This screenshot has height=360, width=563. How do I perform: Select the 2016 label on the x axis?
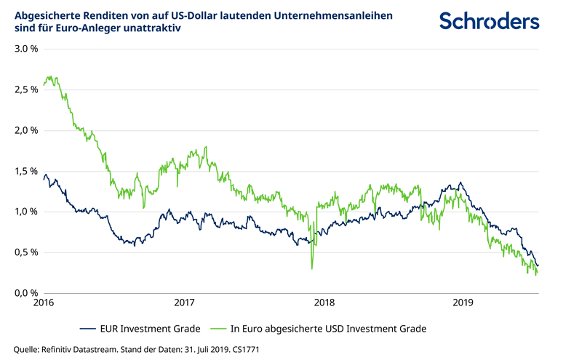(x=44, y=303)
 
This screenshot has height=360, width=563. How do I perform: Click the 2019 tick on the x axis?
(x=463, y=303)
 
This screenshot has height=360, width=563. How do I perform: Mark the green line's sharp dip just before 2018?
(x=312, y=268)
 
